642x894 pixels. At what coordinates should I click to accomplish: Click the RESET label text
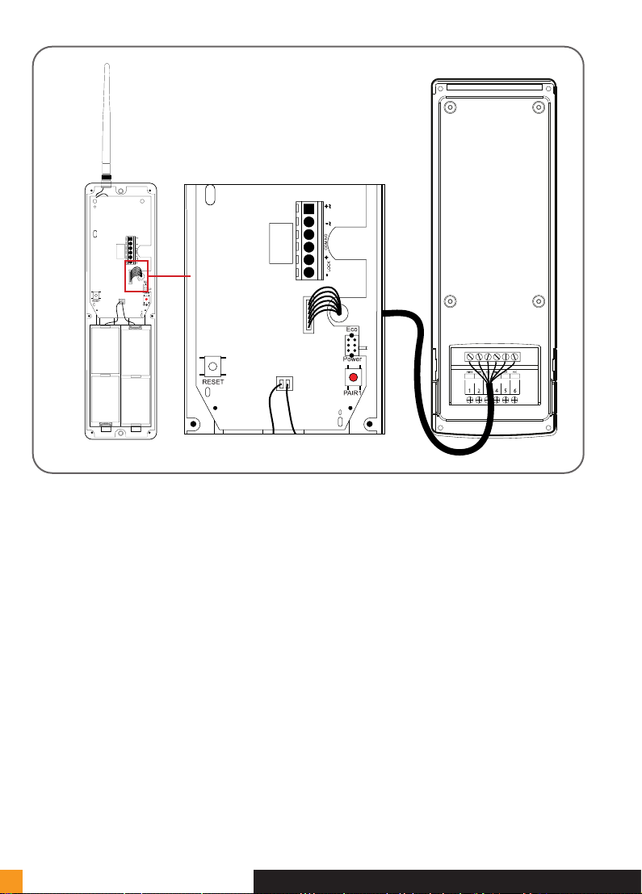tap(212, 382)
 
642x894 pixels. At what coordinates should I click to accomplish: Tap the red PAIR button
tap(352, 377)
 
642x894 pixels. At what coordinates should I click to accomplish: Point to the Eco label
tap(352, 330)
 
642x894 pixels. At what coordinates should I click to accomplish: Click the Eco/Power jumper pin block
tap(352, 346)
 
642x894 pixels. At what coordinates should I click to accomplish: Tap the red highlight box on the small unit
tap(137, 276)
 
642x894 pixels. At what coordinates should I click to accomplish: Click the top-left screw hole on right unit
tap(451, 107)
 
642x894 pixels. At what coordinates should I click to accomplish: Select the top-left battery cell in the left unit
tap(104, 350)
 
